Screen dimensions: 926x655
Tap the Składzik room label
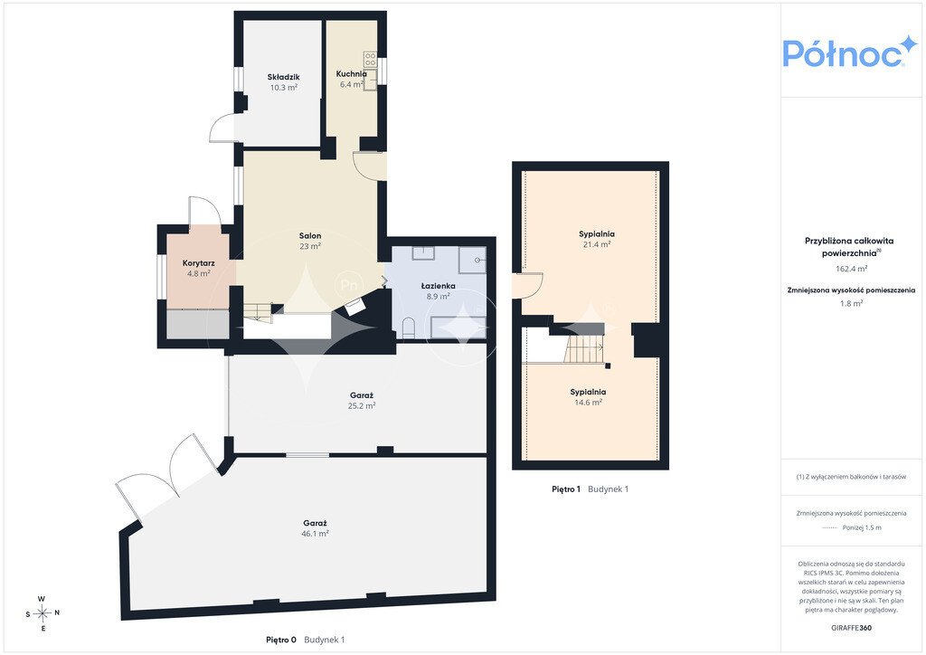point(283,77)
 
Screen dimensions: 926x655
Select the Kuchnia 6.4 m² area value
point(352,84)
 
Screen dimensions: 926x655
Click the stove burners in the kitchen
point(370,59)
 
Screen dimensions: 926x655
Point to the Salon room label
point(310,235)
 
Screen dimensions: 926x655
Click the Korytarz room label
point(198,263)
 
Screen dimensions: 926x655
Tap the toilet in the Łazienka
point(408,327)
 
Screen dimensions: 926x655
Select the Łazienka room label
point(439,286)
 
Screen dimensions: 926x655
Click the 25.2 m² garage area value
point(362,406)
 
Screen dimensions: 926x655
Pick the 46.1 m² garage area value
point(316,534)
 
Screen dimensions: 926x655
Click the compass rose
point(43,613)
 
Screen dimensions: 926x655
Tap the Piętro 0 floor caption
point(281,640)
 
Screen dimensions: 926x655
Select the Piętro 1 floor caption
point(566,489)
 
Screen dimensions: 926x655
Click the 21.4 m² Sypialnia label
point(597,244)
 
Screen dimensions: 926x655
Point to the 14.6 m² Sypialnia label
point(588,403)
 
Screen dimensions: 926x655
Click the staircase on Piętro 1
point(583,348)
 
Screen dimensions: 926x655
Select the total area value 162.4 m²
point(852,269)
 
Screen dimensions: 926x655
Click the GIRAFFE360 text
point(851,628)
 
